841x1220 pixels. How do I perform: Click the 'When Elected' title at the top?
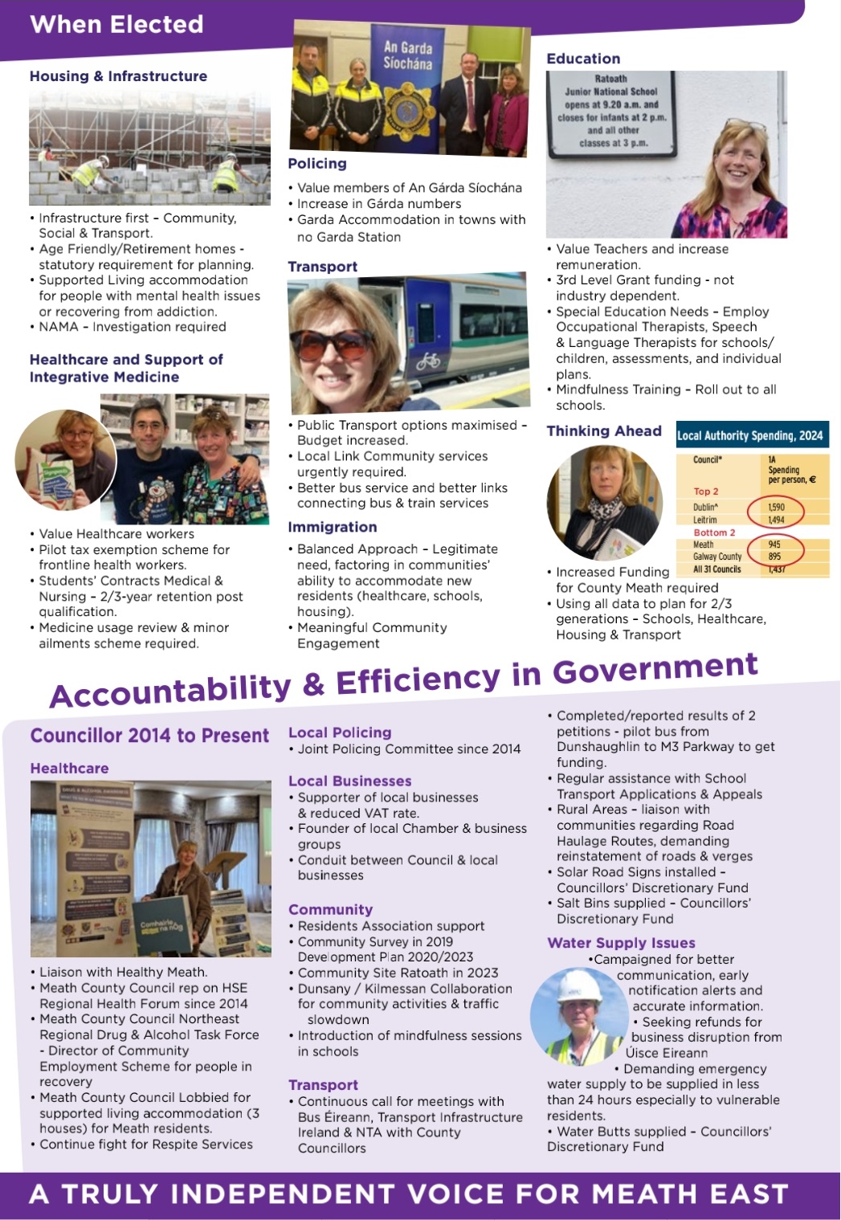[x=116, y=24]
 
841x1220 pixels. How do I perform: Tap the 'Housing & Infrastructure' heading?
[x=118, y=76]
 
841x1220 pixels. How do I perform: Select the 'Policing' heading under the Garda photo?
[x=317, y=164]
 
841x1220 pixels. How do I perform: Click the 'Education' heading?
[x=583, y=59]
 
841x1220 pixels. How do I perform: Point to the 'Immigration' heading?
[x=333, y=527]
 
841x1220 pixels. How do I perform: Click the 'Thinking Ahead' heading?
[x=604, y=431]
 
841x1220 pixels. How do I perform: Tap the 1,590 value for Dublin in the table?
[x=776, y=508]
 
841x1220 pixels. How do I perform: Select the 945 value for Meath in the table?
[x=774, y=545]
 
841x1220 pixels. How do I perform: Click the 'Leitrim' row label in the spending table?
[x=705, y=520]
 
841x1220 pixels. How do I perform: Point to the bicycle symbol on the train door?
[x=427, y=360]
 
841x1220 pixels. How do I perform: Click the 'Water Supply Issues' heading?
[x=621, y=943]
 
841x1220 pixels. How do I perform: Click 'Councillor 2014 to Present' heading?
[x=149, y=736]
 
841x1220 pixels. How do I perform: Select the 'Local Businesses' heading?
[x=349, y=781]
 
